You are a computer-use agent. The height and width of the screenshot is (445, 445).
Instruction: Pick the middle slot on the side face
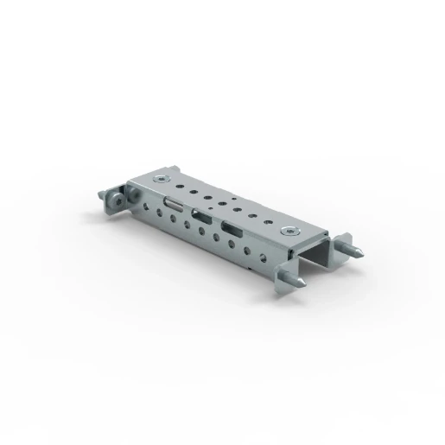coord(200,216)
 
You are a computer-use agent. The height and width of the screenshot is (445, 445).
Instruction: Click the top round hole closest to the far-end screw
coord(182,183)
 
